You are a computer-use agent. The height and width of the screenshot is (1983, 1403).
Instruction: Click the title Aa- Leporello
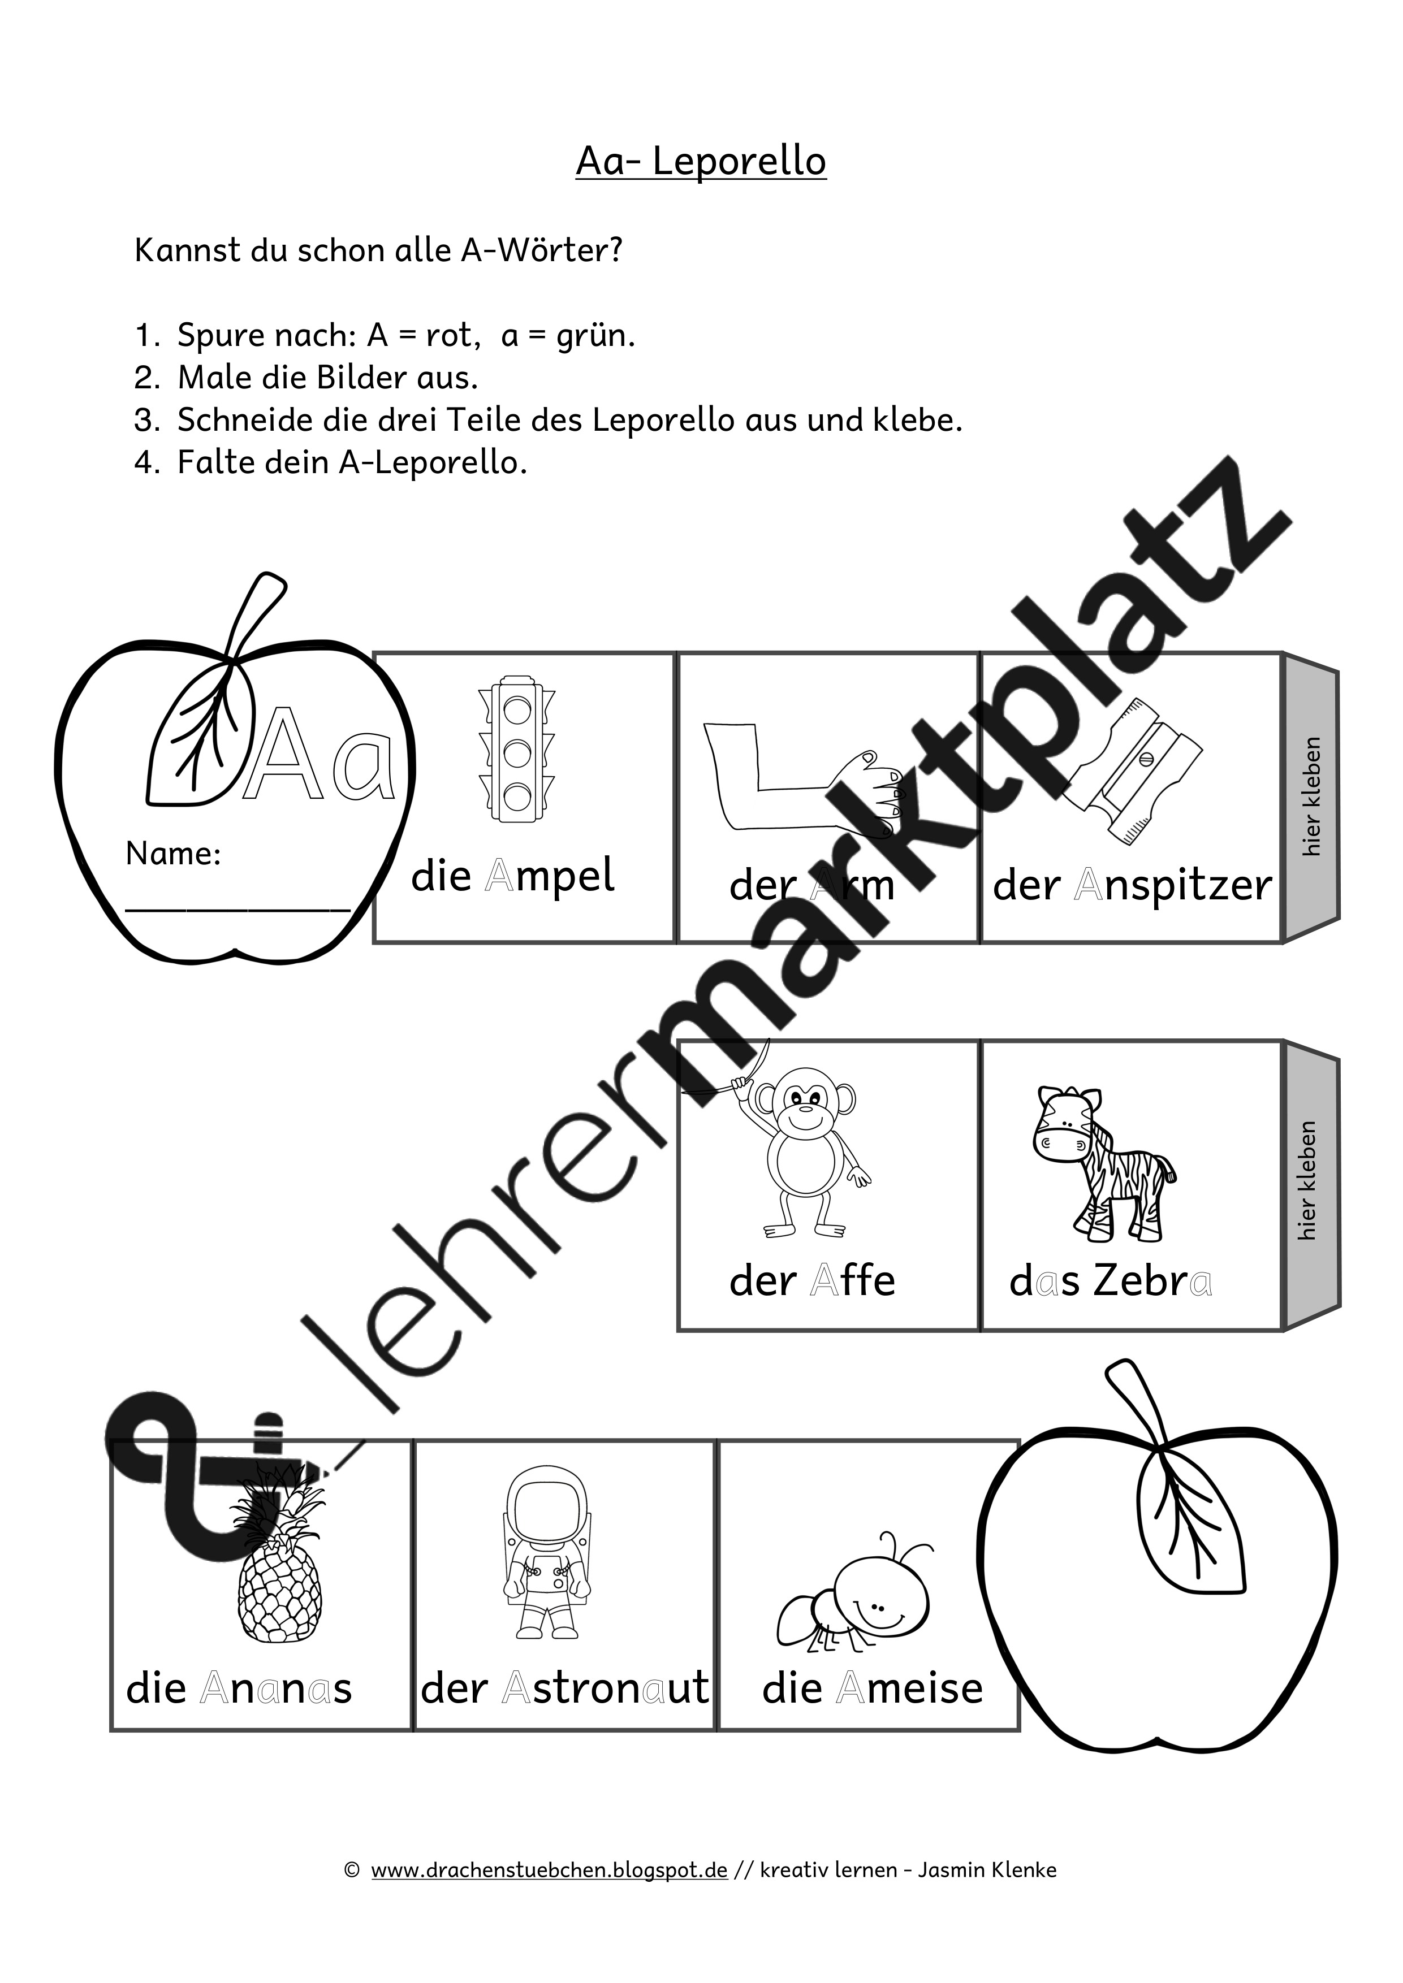701,162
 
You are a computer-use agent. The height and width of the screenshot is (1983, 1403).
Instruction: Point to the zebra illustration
1102,1163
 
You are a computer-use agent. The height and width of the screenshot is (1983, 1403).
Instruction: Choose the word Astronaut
605,1688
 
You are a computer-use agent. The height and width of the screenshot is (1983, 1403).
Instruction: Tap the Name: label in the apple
173,854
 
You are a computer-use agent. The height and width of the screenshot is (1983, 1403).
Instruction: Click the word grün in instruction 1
594,335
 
